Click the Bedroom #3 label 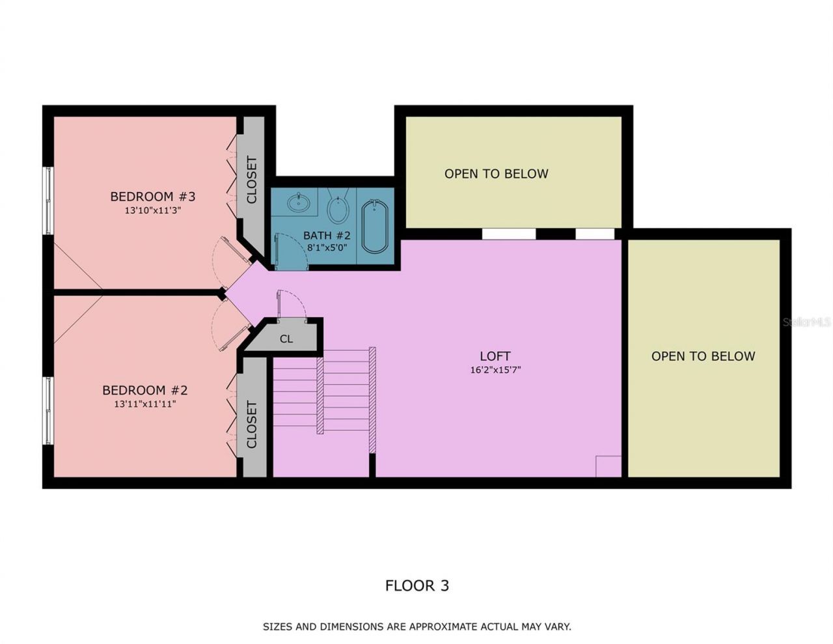click(152, 196)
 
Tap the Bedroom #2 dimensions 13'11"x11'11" click(145, 404)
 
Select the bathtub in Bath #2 click(375, 227)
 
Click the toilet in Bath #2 click(338, 207)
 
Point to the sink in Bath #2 click(299, 201)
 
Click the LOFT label click(495, 356)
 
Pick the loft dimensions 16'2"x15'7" click(495, 370)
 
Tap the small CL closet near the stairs click(286, 339)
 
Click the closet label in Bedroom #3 click(252, 180)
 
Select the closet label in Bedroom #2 click(252, 425)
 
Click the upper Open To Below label click(496, 174)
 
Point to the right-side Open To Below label click(703, 356)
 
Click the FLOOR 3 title click(416, 585)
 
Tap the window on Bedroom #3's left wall click(48, 200)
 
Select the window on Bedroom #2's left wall click(48, 410)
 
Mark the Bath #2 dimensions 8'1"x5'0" click(327, 248)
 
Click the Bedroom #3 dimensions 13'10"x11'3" click(152, 210)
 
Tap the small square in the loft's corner click(608, 466)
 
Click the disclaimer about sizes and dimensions click(416, 626)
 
